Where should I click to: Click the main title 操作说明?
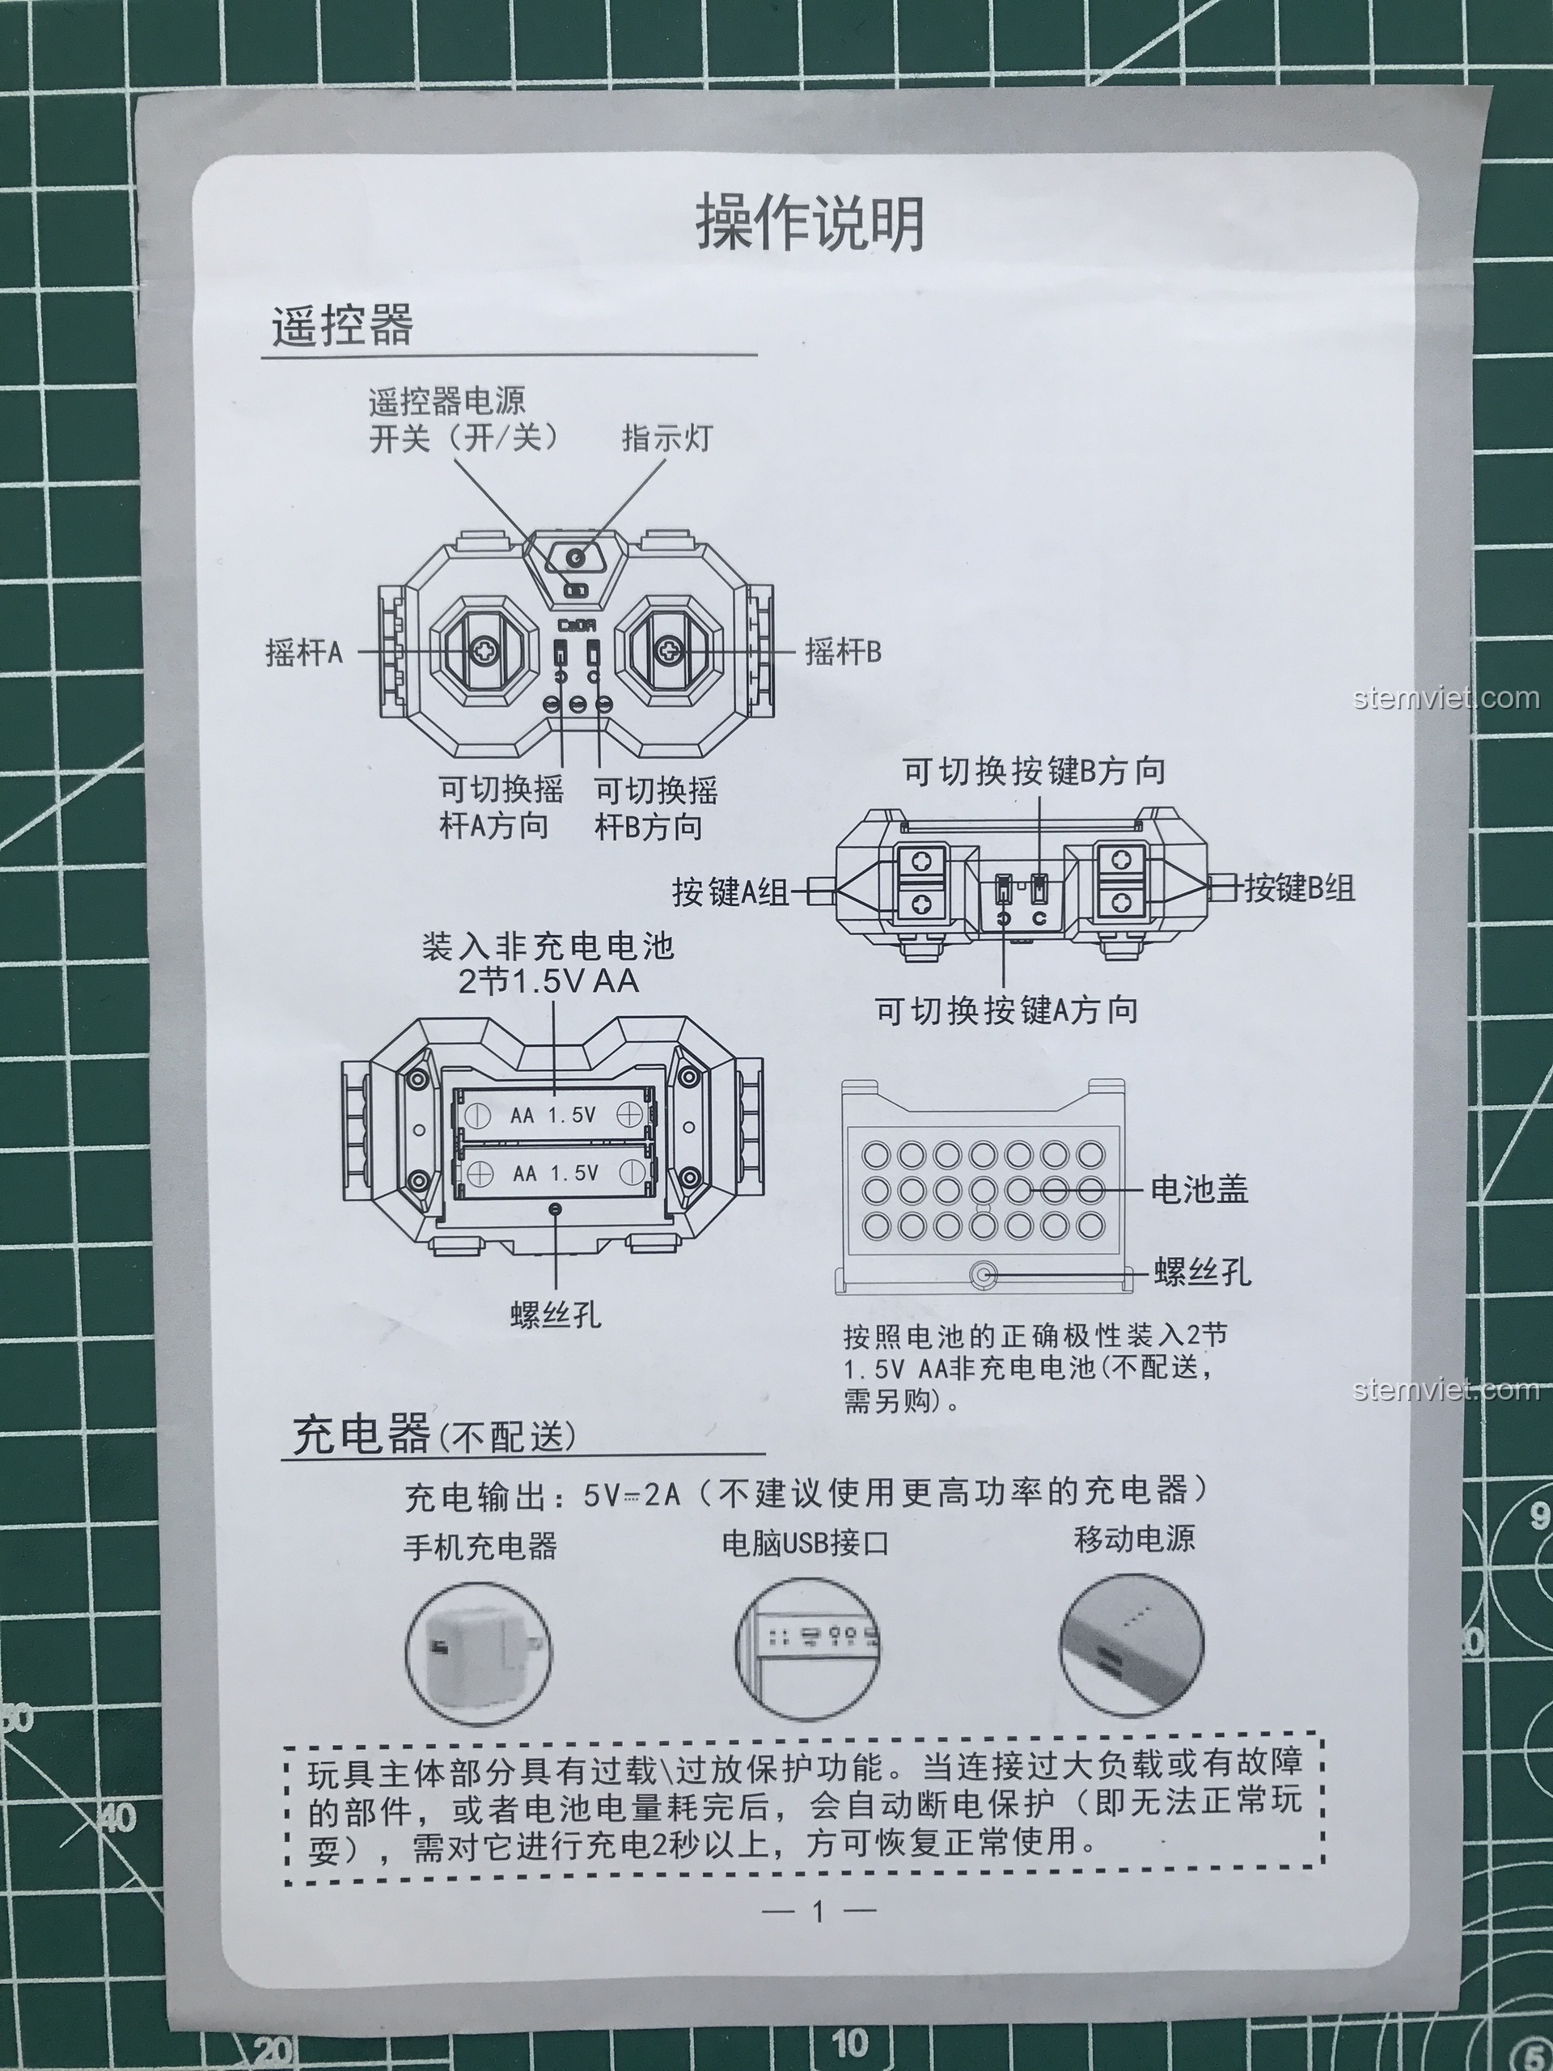pos(810,222)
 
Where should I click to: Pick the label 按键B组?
pos(1299,887)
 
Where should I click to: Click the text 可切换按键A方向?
pos(1007,1010)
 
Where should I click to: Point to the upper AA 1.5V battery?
pos(552,1114)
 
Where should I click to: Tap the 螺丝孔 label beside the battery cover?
pos(1202,1273)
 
